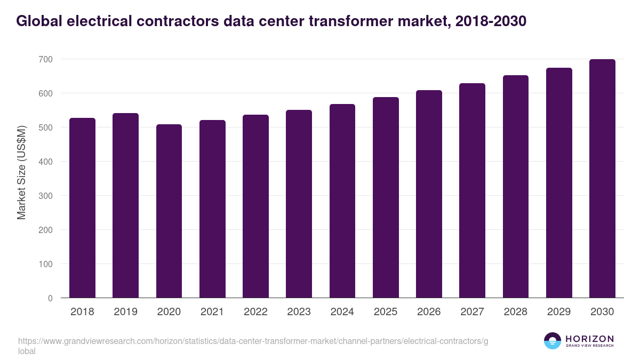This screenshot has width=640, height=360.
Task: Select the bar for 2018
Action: click(x=82, y=208)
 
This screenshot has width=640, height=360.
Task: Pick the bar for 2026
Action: click(x=429, y=194)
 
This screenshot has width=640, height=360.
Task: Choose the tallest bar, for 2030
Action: click(x=602, y=179)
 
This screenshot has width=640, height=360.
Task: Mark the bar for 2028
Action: click(x=515, y=187)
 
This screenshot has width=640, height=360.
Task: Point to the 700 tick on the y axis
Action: click(x=45, y=59)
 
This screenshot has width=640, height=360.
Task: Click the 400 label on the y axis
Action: click(x=45, y=162)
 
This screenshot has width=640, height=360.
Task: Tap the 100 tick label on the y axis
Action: click(x=45, y=264)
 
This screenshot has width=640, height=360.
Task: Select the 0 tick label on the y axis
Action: click(x=50, y=298)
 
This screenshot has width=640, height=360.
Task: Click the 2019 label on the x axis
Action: click(x=125, y=312)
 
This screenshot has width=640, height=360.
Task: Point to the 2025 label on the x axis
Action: click(x=386, y=312)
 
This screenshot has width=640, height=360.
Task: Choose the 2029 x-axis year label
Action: click(x=559, y=312)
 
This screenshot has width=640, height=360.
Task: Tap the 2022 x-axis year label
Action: click(x=255, y=312)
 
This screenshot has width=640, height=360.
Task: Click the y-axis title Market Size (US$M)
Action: click(x=21, y=172)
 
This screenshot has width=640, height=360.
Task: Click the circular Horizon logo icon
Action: click(x=552, y=341)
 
